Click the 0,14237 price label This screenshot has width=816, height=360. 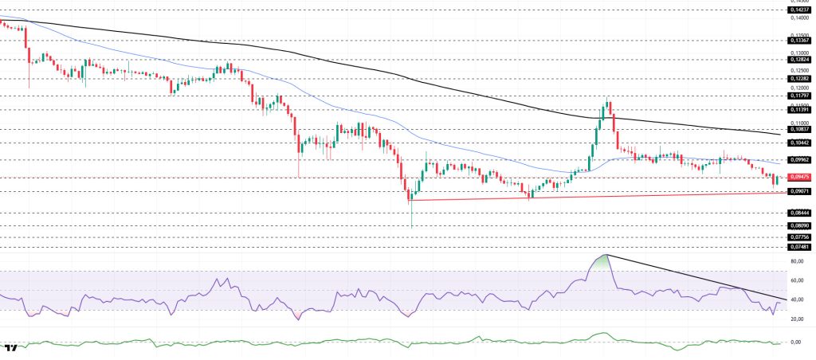(x=799, y=10)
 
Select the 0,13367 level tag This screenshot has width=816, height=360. (x=799, y=39)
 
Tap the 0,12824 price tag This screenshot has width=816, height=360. (x=799, y=59)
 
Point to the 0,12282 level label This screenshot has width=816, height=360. (x=799, y=79)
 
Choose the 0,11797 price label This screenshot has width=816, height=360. (x=799, y=96)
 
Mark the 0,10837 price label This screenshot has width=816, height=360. (x=799, y=129)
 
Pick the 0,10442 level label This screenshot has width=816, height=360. (x=799, y=143)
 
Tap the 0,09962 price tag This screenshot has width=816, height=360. (x=799, y=160)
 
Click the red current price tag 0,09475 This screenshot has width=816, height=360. (x=799, y=177)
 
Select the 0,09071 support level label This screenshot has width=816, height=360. (x=799, y=192)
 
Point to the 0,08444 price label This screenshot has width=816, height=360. (x=799, y=213)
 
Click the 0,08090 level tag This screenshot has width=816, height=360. (x=799, y=226)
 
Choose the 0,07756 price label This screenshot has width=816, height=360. (x=799, y=237)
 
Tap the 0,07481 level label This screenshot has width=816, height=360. (x=799, y=247)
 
